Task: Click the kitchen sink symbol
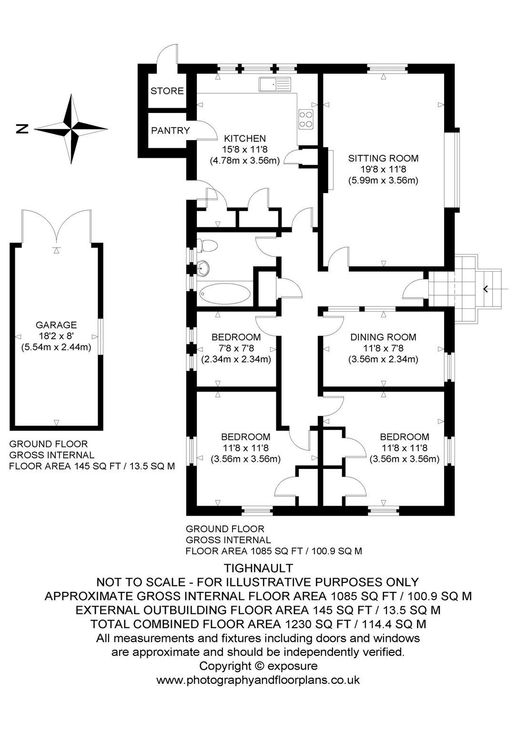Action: pyautogui.click(x=274, y=84)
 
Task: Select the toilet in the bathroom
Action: pyautogui.click(x=207, y=245)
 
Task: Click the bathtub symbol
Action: pyautogui.click(x=225, y=294)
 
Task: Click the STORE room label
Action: pyautogui.click(x=167, y=91)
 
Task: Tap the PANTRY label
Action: pyautogui.click(x=170, y=131)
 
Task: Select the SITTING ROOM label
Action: pyautogui.click(x=383, y=159)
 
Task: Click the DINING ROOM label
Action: pyautogui.click(x=383, y=337)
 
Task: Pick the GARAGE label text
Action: pyautogui.click(x=56, y=325)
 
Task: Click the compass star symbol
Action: pyautogui.click(x=71, y=129)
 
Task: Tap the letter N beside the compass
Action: pyautogui.click(x=22, y=129)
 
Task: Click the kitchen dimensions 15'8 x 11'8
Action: pyautogui.click(x=245, y=150)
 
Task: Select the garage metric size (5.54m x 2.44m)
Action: pyautogui.click(x=56, y=347)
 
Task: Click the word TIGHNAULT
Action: pyautogui.click(x=258, y=568)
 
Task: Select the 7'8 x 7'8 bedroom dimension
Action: pyautogui.click(x=236, y=348)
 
